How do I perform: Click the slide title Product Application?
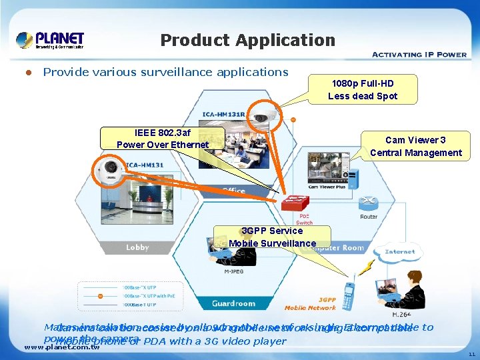coord(247,40)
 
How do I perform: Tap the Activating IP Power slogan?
coord(419,54)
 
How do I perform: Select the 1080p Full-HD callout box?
coord(363,89)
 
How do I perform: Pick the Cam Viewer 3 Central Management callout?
coord(415,146)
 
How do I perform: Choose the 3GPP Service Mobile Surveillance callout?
coord(272,237)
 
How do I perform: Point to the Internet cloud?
coord(399,252)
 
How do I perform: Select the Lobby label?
coord(137,247)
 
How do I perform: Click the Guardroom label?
coord(233,303)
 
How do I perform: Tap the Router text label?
coord(368,217)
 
